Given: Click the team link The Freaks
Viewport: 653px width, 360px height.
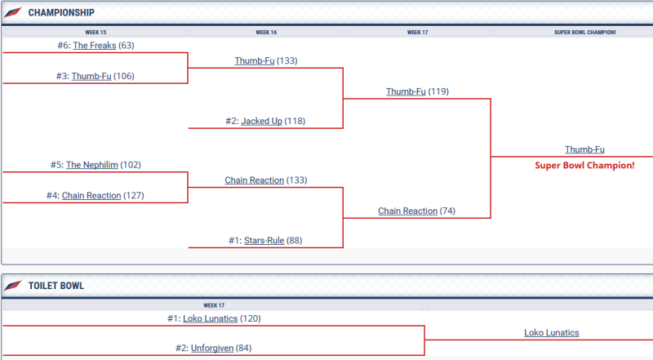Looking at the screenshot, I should click(95, 46).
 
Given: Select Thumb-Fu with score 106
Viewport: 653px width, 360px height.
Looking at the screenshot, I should click(91, 76).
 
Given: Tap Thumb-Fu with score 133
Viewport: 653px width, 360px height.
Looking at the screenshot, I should click(254, 60).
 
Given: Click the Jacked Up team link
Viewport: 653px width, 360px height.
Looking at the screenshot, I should click(261, 121).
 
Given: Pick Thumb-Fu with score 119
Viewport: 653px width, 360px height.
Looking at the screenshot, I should click(406, 91).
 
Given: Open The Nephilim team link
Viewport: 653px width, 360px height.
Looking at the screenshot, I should click(91, 164).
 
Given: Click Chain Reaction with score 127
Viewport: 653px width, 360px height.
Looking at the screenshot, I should click(91, 195).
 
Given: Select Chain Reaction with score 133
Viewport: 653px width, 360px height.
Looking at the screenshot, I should click(254, 180).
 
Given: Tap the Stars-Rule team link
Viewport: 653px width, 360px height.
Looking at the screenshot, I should click(264, 240).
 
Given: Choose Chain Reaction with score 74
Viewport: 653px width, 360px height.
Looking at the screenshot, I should click(407, 211).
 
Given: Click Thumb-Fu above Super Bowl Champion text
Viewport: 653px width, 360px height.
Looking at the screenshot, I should click(584, 149).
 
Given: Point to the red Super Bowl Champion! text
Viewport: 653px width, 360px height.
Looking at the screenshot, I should click(584, 165).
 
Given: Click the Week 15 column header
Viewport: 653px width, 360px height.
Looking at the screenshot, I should click(95, 32).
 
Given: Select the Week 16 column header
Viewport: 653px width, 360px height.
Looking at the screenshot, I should click(266, 32).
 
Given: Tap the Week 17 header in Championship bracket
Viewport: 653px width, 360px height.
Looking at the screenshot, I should click(418, 32).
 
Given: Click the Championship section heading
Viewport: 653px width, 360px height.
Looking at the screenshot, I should click(61, 12).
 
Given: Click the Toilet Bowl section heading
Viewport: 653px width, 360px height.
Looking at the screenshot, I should click(56, 286).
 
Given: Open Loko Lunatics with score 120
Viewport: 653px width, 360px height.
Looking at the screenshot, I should click(210, 318).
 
